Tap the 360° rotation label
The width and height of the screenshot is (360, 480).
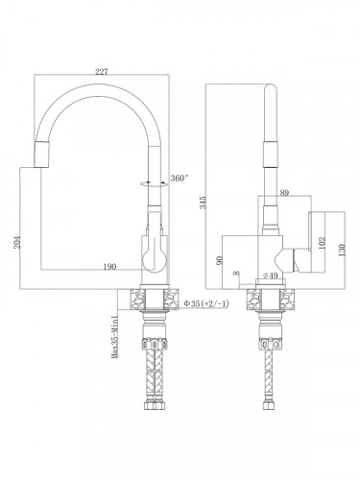pyautogui.click(x=178, y=178)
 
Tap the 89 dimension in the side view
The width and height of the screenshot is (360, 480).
pyautogui.click(x=283, y=194)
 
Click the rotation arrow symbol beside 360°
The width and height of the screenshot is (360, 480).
pyautogui.click(x=149, y=181)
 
